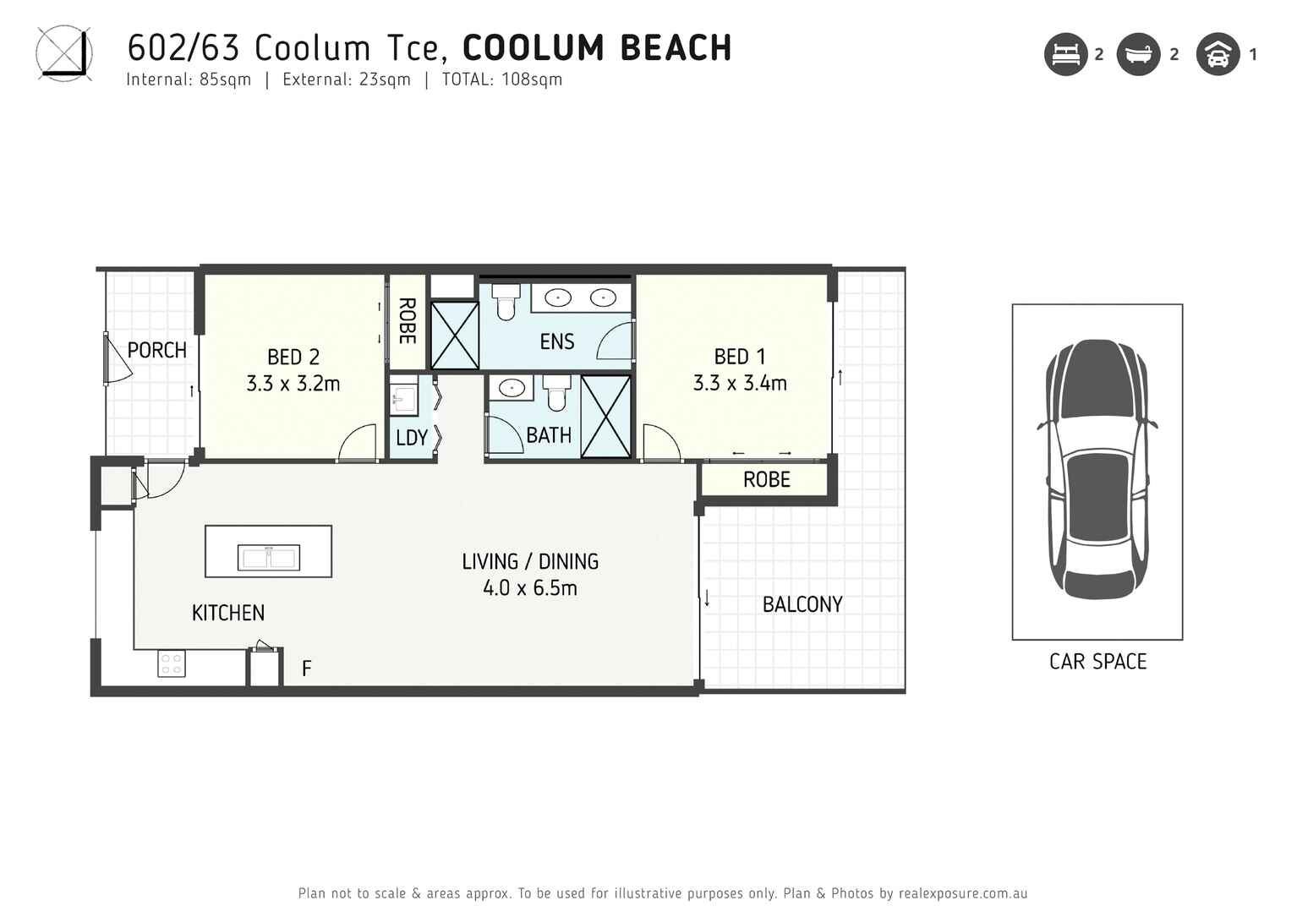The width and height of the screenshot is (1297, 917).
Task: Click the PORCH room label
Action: [x=156, y=350]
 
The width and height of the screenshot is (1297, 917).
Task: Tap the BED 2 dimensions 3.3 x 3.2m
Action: [x=293, y=384]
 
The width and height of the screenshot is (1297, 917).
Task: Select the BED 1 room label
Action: [x=739, y=357]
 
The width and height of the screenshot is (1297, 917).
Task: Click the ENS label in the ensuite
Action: [x=556, y=341]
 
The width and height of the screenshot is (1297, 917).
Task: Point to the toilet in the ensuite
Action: [x=506, y=302]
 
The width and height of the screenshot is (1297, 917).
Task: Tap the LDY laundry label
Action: [x=412, y=438]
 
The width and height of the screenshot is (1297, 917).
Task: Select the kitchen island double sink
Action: [x=268, y=558]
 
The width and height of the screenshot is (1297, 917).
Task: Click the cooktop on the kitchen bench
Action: [x=172, y=663]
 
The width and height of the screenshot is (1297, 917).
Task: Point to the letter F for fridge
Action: [x=307, y=669]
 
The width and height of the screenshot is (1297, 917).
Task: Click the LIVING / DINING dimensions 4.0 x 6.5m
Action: [x=530, y=588]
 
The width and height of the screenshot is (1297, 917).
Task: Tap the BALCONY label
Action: [x=802, y=604]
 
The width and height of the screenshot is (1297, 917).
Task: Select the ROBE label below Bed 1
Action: [x=766, y=480]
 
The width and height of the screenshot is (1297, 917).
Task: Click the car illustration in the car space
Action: [x=1097, y=469]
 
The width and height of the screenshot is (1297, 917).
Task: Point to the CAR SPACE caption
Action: [x=1097, y=662]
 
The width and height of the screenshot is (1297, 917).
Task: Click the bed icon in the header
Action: [x=1065, y=55]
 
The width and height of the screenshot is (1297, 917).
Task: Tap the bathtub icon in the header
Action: [x=1138, y=55]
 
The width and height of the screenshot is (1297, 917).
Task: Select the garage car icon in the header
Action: [x=1218, y=55]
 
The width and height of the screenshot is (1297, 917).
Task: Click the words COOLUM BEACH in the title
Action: [x=597, y=48]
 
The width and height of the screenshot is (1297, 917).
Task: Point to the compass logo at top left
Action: [x=63, y=53]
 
